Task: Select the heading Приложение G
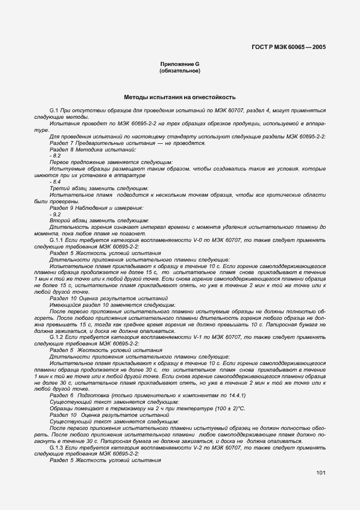[x=180, y=64]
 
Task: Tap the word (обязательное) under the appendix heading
[x=180, y=71]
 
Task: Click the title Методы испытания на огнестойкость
[x=180, y=98]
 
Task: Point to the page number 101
[x=320, y=472]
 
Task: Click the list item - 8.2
[x=55, y=155]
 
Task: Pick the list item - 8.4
[x=55, y=181]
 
